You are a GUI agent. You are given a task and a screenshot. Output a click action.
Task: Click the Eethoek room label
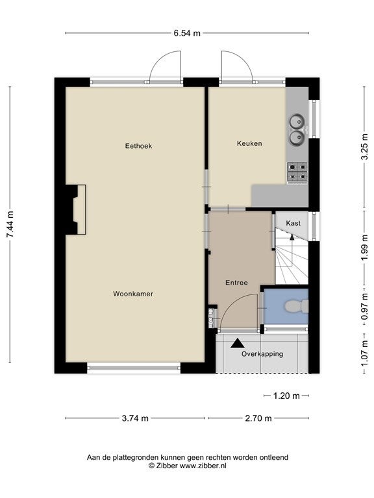tap(138, 146)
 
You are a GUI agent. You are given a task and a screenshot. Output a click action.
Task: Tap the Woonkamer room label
tap(133, 294)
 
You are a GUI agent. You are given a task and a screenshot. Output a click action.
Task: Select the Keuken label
tap(249, 143)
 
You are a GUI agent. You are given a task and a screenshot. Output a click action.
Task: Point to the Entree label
tap(236, 283)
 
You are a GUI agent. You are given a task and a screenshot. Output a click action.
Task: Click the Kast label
tap(293, 223)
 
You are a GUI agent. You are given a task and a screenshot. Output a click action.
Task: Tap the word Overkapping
tap(262, 354)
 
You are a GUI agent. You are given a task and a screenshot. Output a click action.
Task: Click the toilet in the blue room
tap(296, 307)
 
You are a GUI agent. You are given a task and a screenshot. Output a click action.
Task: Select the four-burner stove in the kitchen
tap(297, 172)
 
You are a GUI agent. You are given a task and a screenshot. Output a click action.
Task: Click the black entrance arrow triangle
tap(238, 343)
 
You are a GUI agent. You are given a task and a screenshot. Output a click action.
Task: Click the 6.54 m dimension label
tap(187, 33)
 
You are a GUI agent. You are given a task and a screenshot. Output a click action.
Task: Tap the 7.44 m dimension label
tap(10, 224)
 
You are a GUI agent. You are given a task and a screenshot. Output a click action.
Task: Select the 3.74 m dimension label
tap(135, 418)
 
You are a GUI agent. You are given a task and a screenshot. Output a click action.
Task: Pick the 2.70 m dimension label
tap(258, 418)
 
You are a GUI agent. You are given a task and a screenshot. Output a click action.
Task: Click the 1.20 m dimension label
tap(286, 396)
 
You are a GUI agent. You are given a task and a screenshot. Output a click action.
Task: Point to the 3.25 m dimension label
tap(364, 148)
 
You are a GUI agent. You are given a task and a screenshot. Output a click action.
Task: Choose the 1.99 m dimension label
tap(364, 248)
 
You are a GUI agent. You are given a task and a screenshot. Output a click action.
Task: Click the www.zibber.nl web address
tap(203, 466)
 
